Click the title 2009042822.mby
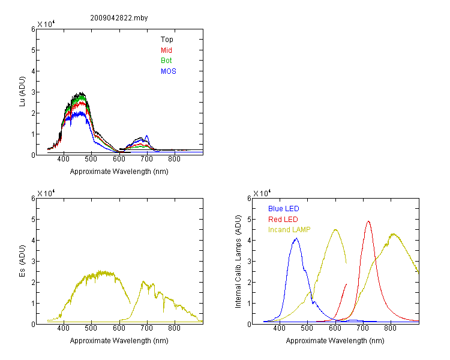tap(119, 18)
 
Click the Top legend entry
tap(167, 40)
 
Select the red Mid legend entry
tap(166, 50)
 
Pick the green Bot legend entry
tap(166, 61)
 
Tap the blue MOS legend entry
tap(169, 71)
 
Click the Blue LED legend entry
tap(284, 209)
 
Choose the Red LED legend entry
tap(283, 220)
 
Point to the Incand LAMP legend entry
tap(289, 230)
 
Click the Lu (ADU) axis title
tap(22, 92)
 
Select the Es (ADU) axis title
tap(22, 261)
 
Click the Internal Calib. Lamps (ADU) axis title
tap(238, 262)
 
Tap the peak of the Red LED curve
tap(368, 221)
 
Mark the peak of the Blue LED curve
tap(296, 238)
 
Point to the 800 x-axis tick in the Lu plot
tap(174, 159)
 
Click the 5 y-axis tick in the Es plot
tap(33, 220)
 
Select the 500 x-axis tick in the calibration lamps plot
tap(307, 328)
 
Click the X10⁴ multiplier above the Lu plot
tap(46, 24)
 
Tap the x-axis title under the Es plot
tap(119, 341)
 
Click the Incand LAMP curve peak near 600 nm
tap(335, 230)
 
